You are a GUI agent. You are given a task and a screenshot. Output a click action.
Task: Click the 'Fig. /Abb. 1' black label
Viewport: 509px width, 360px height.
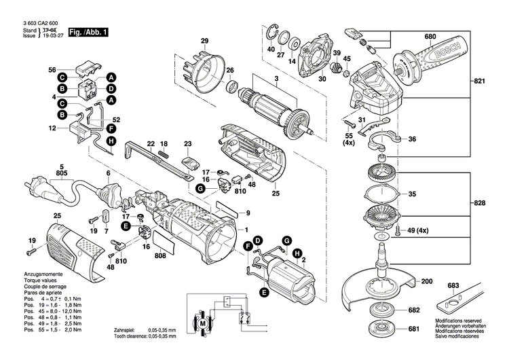pos(88,32)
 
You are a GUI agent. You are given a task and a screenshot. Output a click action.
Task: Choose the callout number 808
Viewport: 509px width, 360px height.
pos(160,256)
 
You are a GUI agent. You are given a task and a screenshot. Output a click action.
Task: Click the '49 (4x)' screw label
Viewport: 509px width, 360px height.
pos(418,232)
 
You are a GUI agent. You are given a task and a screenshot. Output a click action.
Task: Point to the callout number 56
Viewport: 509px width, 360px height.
pos(52,69)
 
